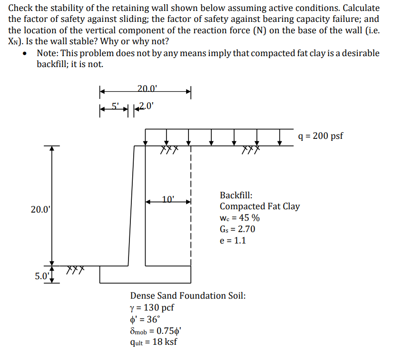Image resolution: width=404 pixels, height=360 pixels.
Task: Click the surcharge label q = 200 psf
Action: [x=320, y=136]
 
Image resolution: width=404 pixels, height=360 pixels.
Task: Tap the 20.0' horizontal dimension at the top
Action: [x=147, y=88]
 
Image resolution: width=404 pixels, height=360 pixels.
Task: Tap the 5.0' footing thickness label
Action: [x=42, y=276]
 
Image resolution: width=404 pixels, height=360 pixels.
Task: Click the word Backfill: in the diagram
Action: [x=236, y=195]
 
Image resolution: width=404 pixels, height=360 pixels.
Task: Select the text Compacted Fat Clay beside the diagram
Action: [x=259, y=206]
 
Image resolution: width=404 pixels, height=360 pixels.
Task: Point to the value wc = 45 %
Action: [x=239, y=218]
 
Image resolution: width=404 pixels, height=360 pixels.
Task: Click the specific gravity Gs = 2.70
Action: [x=237, y=229]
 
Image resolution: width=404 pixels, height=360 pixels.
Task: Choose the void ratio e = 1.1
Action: [x=233, y=240]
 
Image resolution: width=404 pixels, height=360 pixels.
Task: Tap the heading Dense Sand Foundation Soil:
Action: [x=188, y=296]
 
